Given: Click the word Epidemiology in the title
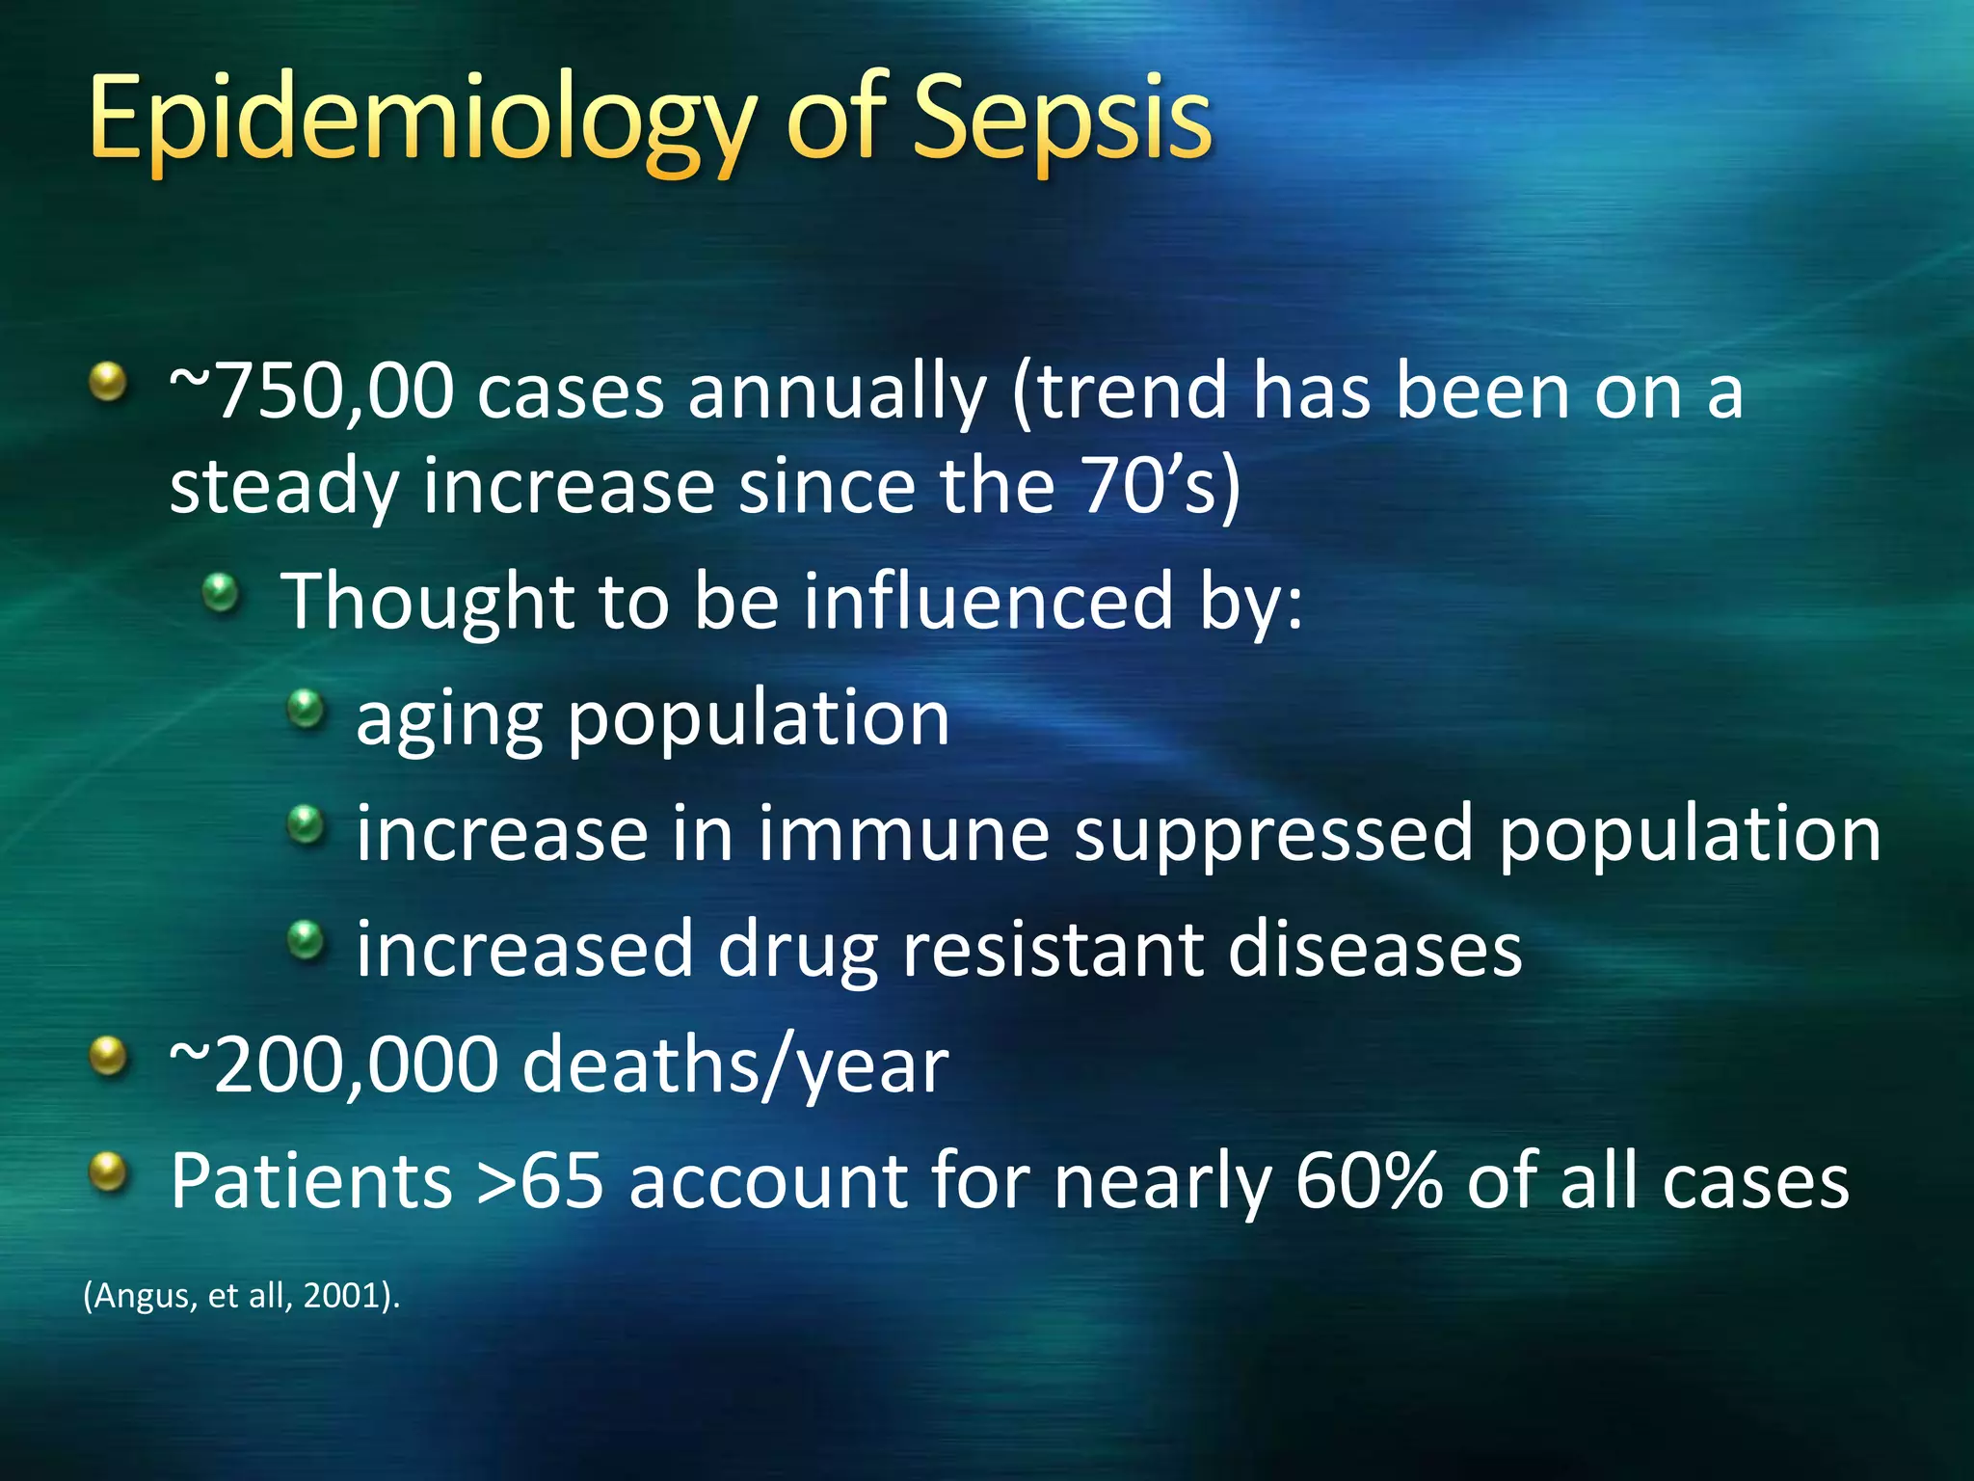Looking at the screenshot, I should (419, 121).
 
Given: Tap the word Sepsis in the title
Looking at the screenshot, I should (1060, 121).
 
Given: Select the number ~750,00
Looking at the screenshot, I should (311, 392).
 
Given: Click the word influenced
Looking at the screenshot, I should (987, 602).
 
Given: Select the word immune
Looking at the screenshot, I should (902, 834).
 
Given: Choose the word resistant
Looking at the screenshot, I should (1052, 950).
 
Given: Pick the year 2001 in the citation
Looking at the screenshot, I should (342, 1296).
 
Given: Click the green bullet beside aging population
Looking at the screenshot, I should (307, 710).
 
